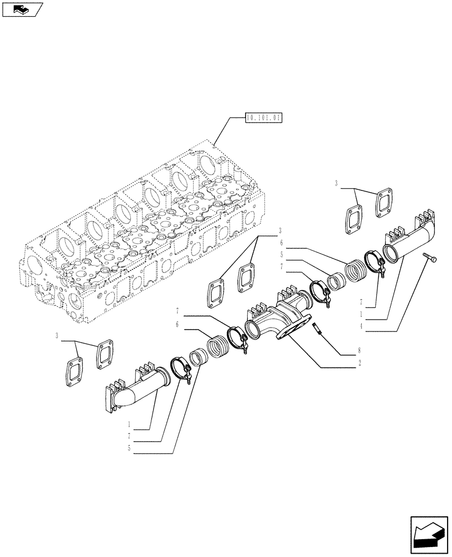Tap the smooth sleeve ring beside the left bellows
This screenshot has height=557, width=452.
tap(196, 358)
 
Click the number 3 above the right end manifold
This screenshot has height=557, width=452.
tap(337, 183)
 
